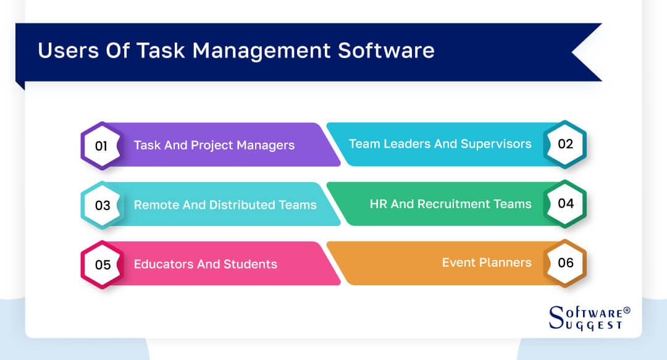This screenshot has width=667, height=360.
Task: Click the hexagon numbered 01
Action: pos(102,146)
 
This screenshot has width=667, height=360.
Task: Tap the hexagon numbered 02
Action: pos(565,144)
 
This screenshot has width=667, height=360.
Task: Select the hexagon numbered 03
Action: pos(102,205)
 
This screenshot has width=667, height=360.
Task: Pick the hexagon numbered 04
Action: pos(565,203)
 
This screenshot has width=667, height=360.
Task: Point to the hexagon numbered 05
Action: pos(102,264)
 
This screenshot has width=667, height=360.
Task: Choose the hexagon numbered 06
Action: pos(565,262)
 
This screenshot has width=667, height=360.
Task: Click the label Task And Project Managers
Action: pos(214,146)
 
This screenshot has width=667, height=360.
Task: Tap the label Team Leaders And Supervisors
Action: pos(440,144)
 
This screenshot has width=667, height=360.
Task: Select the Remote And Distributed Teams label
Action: pos(225,205)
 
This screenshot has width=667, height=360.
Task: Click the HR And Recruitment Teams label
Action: pos(450,203)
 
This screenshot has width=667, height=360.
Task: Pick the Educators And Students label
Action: pos(205,264)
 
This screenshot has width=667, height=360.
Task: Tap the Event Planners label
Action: pos(487,262)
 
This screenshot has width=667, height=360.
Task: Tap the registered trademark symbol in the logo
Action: pos(626,310)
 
